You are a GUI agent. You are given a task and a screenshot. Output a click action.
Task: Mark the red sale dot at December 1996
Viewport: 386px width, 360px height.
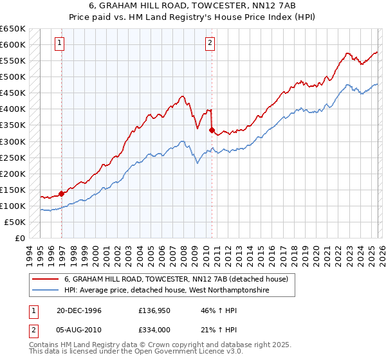62,193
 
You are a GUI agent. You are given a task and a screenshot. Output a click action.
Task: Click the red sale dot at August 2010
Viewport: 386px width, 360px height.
212,130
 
